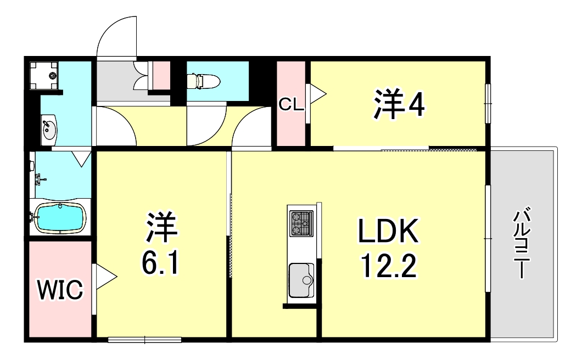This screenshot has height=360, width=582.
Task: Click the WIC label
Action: (60, 289)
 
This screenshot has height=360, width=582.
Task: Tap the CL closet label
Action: (291, 104)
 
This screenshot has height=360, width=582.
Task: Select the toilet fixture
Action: (203, 81)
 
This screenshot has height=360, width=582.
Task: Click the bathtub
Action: (59, 218)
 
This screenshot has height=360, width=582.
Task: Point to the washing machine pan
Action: (43, 74)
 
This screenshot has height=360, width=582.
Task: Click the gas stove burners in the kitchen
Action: (300, 223)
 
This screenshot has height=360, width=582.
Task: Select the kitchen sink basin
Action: (301, 279)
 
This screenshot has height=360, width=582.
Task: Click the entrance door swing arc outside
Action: (116, 35)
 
